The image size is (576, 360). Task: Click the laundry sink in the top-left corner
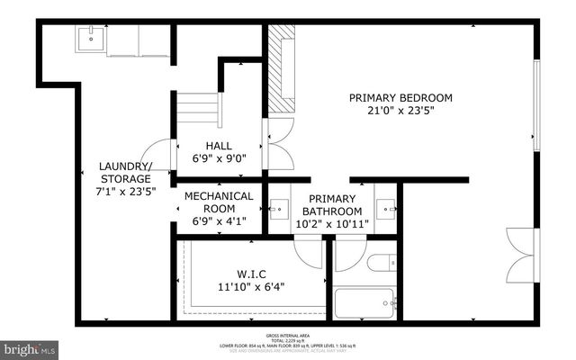[91, 40]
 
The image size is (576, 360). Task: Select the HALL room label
[218, 145]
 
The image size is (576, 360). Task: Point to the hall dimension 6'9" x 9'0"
[218, 158]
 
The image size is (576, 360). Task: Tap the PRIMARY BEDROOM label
[401, 98]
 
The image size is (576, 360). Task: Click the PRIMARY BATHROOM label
[334, 204]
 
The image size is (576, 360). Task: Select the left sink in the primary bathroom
[280, 208]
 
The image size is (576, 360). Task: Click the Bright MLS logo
[29, 346]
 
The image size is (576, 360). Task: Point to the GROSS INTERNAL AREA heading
[287, 333]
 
